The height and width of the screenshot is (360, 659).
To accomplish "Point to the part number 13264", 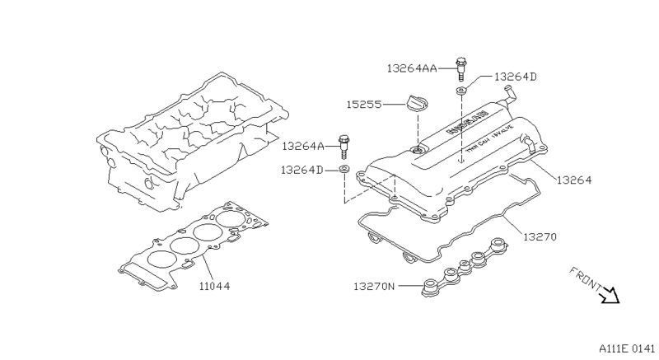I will coord(574,179).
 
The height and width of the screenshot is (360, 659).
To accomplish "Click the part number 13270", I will coord(540,236).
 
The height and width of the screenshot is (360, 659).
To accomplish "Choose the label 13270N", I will coord(375,287).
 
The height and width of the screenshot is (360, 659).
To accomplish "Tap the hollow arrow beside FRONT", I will coord(610,294).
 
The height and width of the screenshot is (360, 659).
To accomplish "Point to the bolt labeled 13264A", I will coord(343,147).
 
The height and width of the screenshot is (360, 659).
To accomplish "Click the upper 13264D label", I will coord(516,77).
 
